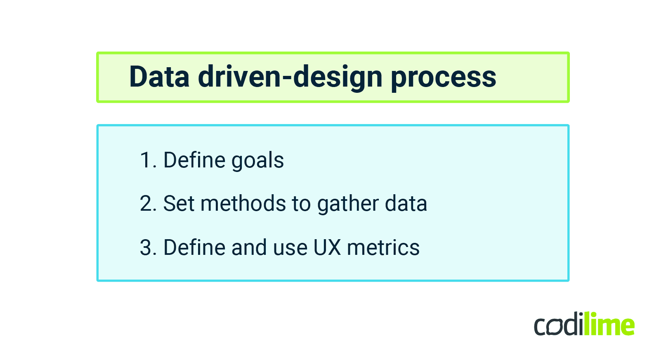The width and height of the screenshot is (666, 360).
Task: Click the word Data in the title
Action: coord(159,77)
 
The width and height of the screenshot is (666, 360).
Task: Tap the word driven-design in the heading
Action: coord(290,78)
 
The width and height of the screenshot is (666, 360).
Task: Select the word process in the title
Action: coord(443,78)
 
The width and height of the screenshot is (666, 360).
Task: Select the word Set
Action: coord(178,204)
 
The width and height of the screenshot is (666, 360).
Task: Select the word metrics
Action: coord(383,248)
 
